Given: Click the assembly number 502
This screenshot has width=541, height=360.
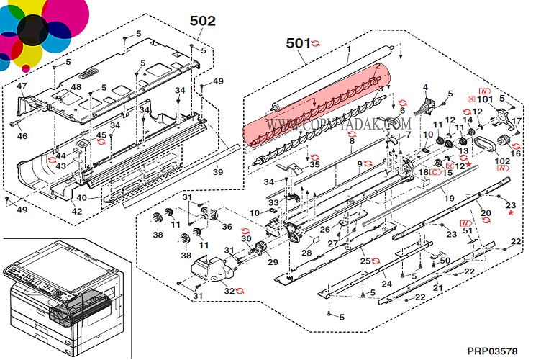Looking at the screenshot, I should [x=202, y=21].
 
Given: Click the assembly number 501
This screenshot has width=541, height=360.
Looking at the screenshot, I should [x=298, y=43].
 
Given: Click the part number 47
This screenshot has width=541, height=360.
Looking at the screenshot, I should [x=22, y=86].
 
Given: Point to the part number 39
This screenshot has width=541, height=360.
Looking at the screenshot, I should [x=217, y=172].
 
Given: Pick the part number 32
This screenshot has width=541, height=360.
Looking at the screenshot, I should [x=229, y=291].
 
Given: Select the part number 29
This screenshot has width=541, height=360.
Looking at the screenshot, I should [x=272, y=262].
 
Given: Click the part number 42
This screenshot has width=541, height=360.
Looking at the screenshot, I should [x=76, y=212].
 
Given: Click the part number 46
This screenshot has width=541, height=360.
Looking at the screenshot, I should [x=22, y=136].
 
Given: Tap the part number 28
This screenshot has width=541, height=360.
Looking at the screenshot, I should [x=306, y=253].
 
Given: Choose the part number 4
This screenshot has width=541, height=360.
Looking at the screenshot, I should [x=425, y=88].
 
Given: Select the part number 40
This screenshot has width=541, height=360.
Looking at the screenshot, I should [x=81, y=198].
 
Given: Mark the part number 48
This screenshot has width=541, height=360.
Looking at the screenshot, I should [x=76, y=87].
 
